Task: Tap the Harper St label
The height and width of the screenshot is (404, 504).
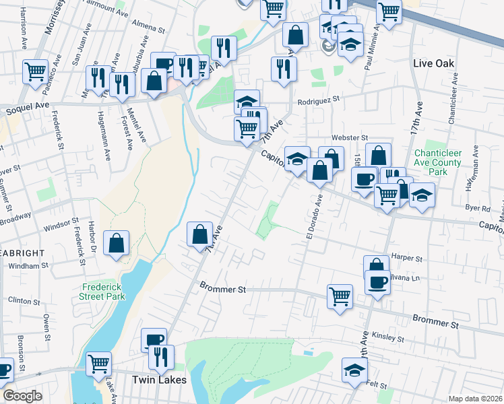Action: coord(406,258)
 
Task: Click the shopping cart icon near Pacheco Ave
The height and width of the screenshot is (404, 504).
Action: coord(35,71)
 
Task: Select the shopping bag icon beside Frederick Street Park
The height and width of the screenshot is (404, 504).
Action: coord(117,244)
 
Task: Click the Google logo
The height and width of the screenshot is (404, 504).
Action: coord(22,396)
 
